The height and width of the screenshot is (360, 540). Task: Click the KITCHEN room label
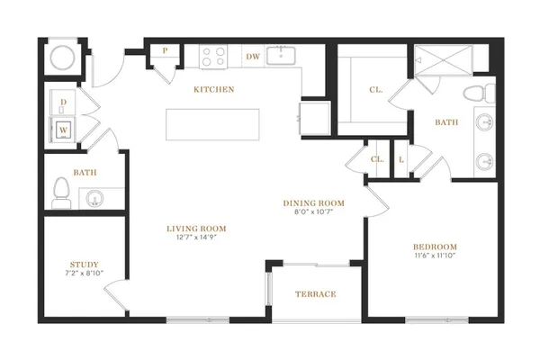pyautogui.click(x=214, y=90)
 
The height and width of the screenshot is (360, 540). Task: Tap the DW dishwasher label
pyautogui.click(x=253, y=57)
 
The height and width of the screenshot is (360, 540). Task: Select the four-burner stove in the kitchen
pyautogui.click(x=213, y=57)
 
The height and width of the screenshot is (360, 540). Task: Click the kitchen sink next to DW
pyautogui.click(x=282, y=56)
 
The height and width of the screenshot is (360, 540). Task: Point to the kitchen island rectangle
pyautogui.click(x=212, y=125)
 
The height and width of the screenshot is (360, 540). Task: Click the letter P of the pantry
pyautogui.click(x=166, y=50)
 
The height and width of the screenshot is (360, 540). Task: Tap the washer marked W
pyautogui.click(x=63, y=129)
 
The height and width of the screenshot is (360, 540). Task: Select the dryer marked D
pyautogui.click(x=63, y=103)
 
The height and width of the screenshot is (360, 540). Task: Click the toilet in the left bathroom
pyautogui.click(x=61, y=193)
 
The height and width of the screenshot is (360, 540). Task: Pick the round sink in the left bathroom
pyautogui.click(x=94, y=199)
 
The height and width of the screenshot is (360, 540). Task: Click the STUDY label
pyautogui.click(x=85, y=265)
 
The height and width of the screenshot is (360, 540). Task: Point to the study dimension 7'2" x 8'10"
pyautogui.click(x=85, y=274)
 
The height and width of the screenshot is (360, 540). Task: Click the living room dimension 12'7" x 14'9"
pyautogui.click(x=196, y=237)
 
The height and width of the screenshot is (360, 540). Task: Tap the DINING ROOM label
pyautogui.click(x=314, y=203)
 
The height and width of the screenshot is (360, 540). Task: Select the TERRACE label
pyautogui.click(x=316, y=294)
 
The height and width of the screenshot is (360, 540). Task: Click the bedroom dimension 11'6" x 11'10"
pyautogui.click(x=436, y=256)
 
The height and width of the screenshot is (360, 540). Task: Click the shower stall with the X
pyautogui.click(x=443, y=59)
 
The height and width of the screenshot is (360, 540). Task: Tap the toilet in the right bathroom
pyautogui.click(x=479, y=94)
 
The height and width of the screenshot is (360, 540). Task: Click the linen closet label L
pyautogui.click(x=401, y=160)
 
